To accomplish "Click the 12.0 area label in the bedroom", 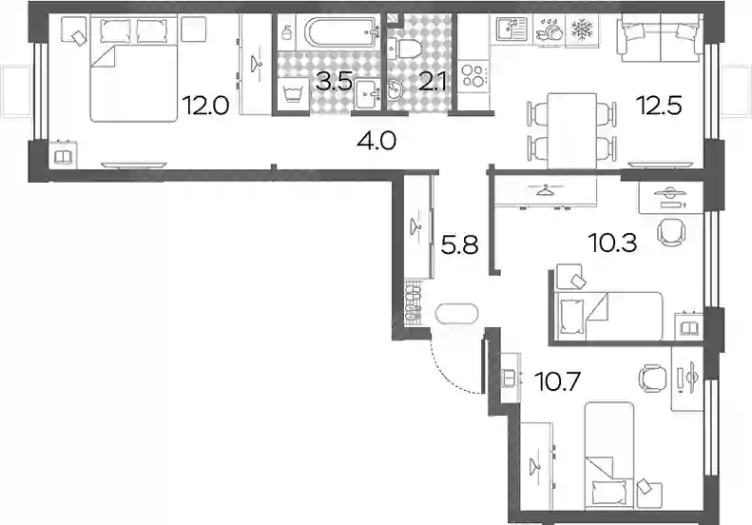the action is coord(204,106).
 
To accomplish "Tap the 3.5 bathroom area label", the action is coord(335,82).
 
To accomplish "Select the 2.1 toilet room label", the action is coord(433,81).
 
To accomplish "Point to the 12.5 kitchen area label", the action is coord(659,106).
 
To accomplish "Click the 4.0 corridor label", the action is coord(376,141).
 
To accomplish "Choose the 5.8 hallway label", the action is coord(459,245).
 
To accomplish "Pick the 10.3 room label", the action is coord(613,243).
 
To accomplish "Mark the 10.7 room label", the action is coord(558,381).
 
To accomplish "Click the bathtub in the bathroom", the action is coord(341,32).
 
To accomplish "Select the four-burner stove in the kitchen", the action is coord(472,76).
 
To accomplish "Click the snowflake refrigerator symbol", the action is coord(582,29).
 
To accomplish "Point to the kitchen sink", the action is coord(511,29).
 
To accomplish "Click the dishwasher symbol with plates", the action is coord(550,30).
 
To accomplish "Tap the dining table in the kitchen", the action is coord(571,130).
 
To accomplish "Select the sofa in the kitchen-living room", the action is coord(661,37).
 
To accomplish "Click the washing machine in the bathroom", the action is coord(293,94).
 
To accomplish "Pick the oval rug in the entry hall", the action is coord(456,314).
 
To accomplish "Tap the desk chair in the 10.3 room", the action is coord(671,232).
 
